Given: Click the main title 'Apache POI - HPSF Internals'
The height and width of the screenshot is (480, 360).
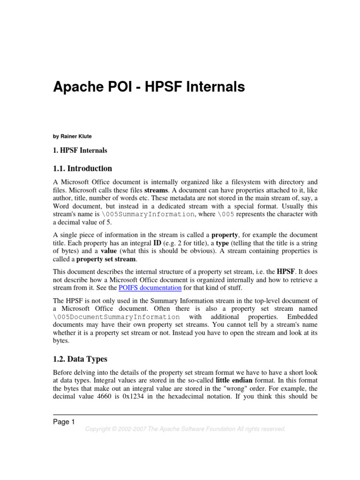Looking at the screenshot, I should pos(149,87).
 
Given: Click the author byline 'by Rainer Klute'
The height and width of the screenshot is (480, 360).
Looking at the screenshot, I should pos(72,136).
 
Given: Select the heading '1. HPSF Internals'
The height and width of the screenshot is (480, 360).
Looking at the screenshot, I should pos(80,150).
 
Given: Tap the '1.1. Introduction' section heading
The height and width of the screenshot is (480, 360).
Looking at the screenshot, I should pos(82,168).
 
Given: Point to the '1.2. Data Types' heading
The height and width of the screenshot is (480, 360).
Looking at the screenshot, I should pos(80,359).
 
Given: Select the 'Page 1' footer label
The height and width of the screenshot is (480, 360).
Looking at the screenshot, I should pos(64,422).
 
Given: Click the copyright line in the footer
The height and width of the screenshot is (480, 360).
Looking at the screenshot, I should pos(185,429).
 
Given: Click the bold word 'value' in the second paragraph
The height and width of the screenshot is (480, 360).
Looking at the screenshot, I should pos(109,251).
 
